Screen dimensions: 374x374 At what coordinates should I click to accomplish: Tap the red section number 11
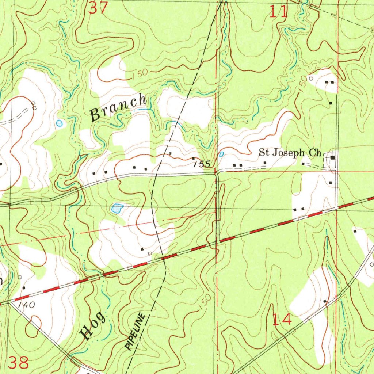(x=278, y=12)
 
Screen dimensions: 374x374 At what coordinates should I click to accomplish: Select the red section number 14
(x=282, y=319)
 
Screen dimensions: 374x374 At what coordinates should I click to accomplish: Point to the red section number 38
(x=18, y=363)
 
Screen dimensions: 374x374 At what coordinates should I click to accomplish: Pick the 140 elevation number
(x=27, y=306)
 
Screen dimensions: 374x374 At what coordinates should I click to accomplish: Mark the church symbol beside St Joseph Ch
(x=333, y=157)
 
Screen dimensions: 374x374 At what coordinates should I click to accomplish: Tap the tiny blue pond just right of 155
(x=221, y=154)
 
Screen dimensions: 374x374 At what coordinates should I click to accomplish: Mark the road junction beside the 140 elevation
(x=11, y=301)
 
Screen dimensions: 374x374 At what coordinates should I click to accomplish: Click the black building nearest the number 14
(x=325, y=301)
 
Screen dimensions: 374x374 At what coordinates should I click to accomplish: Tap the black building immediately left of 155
(x=193, y=158)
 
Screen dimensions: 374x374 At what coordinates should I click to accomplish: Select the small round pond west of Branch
(x=59, y=123)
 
